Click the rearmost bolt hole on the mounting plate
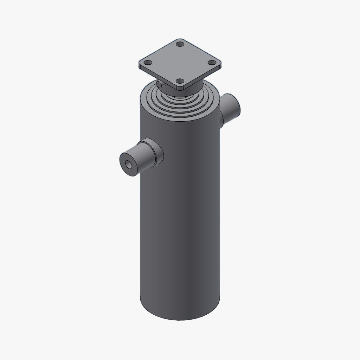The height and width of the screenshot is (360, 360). click(x=180, y=45)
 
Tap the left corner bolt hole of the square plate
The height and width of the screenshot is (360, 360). click(x=148, y=63)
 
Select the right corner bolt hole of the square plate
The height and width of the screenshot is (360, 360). click(x=211, y=63)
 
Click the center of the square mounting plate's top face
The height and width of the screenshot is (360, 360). click(x=180, y=63)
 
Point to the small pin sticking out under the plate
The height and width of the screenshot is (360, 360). click(x=160, y=85)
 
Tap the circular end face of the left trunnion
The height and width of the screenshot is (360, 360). click(x=129, y=165)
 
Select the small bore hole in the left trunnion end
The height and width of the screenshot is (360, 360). click(x=128, y=165)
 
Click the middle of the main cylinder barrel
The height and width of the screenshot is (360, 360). click(x=180, y=218)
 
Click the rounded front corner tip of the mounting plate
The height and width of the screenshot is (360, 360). click(x=180, y=88)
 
